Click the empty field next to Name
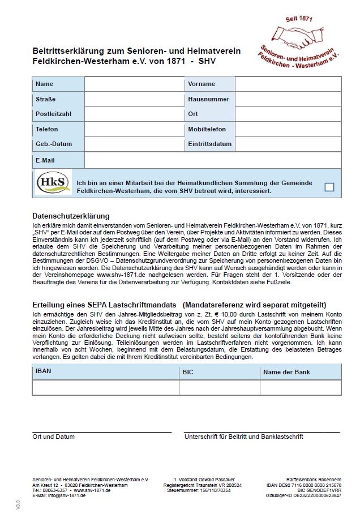coord(134,84)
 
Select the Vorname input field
coord(288,84)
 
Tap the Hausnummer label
coord(208,100)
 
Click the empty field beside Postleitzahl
coord(134,114)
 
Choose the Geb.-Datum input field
coord(134,144)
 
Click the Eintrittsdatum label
coord(209,144)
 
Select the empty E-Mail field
coord(212,161)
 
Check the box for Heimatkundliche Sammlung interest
coord(329,187)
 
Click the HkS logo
coord(53,183)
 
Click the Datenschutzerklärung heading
coord(71,216)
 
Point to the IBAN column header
coord(44,371)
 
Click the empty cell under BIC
coord(220,387)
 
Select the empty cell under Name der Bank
coord(301,387)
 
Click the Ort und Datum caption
coord(53,437)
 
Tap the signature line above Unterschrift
coord(262,432)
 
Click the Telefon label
coord(47,130)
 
